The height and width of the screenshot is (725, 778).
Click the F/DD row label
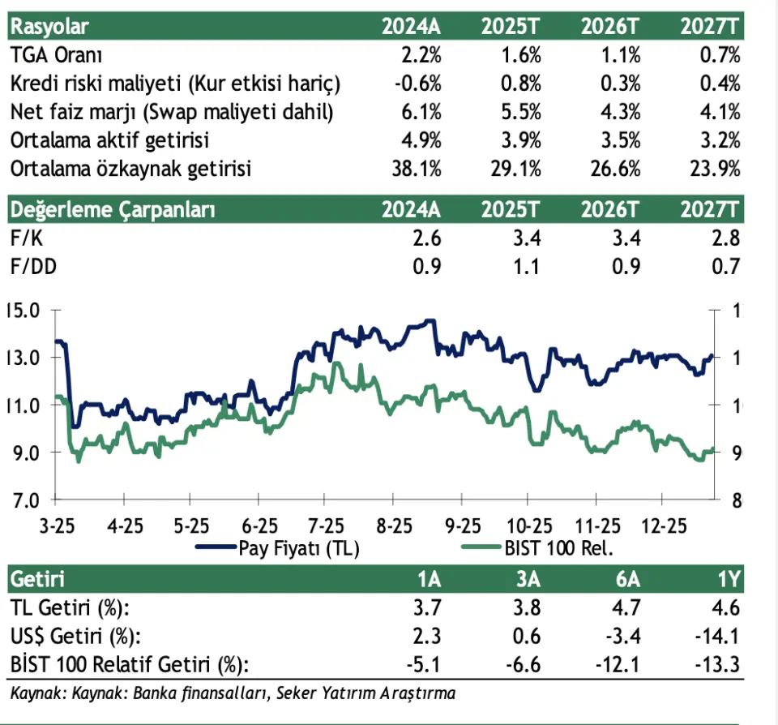[30, 267]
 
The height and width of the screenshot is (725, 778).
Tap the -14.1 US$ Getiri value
[719, 637]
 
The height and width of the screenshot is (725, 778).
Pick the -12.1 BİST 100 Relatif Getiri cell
[619, 665]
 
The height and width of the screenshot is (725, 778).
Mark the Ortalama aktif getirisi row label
[109, 140]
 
